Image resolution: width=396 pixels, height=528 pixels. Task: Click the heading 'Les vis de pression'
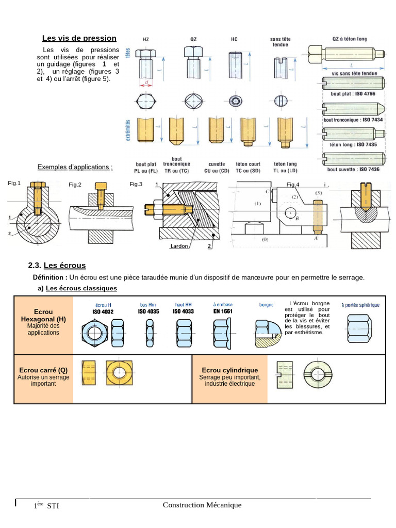pyautogui.click(x=79, y=38)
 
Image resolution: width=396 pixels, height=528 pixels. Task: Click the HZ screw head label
pyautogui.click(x=145, y=39)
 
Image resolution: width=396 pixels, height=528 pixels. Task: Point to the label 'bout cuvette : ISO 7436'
pyautogui.click(x=353, y=169)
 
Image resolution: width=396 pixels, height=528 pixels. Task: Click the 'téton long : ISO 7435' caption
pyautogui.click(x=353, y=144)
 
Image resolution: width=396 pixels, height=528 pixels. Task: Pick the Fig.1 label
pyautogui.click(x=14, y=183)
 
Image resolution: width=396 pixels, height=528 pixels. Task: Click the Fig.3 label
pyautogui.click(x=136, y=184)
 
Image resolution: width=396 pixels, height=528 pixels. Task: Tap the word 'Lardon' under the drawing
pyautogui.click(x=179, y=246)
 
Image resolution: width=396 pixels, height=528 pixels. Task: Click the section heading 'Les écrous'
pyautogui.click(x=64, y=266)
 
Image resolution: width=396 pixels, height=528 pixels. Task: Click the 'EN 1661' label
pyautogui.click(x=223, y=311)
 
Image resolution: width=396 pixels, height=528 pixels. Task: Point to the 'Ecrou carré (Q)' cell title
pyautogui.click(x=43, y=370)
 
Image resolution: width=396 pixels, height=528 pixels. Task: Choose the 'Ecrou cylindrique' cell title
pyautogui.click(x=230, y=370)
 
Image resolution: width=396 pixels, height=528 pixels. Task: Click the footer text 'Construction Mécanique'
pyautogui.click(x=202, y=505)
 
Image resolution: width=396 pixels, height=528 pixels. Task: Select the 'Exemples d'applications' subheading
pyautogui.click(x=75, y=167)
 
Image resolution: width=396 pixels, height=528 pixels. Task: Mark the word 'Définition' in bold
pyautogui.click(x=49, y=277)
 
